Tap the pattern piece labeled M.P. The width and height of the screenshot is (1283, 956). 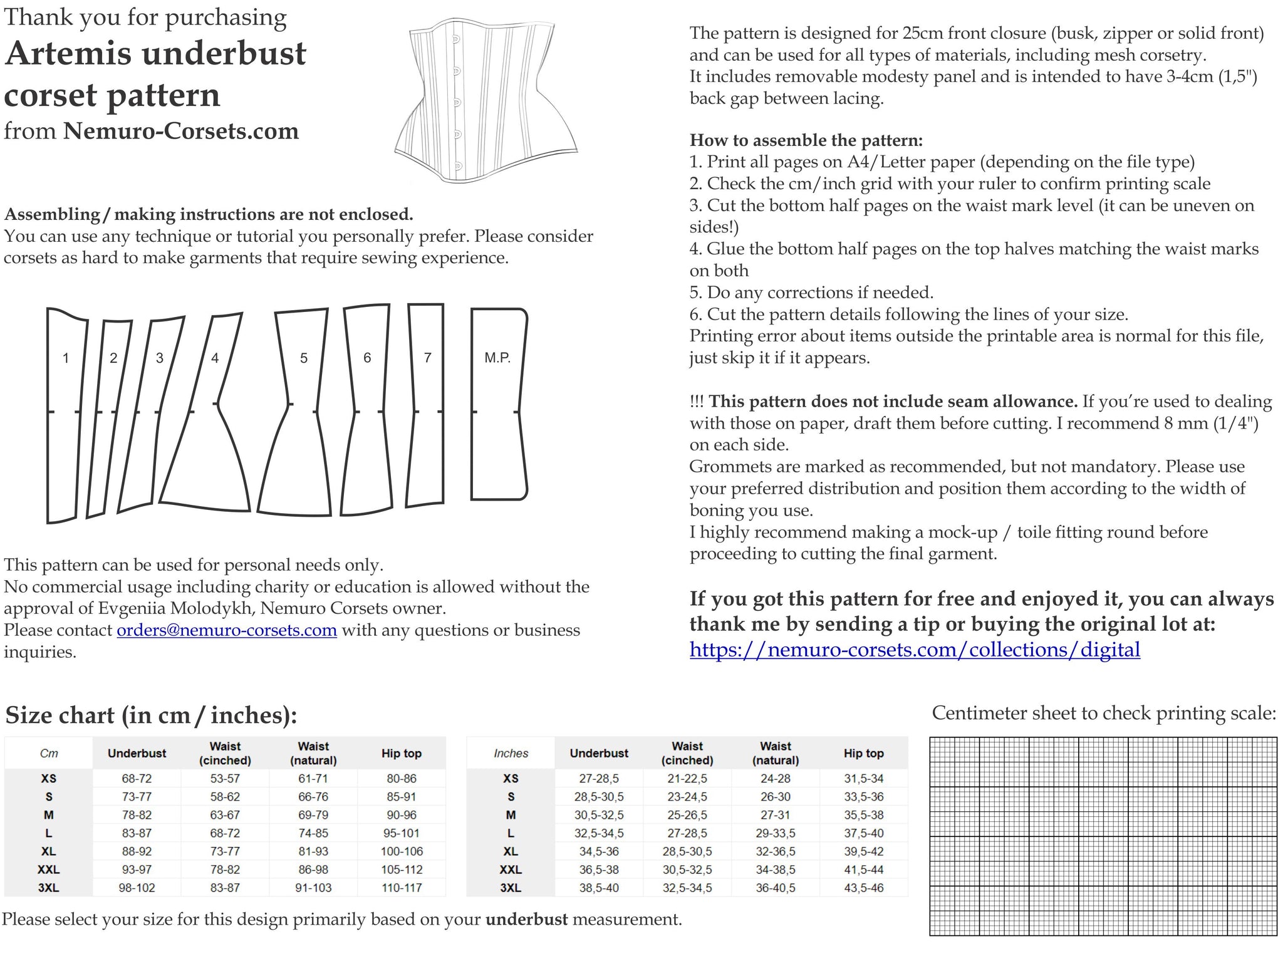click(499, 404)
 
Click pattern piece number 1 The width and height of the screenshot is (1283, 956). click(65, 413)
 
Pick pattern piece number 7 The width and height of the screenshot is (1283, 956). click(427, 404)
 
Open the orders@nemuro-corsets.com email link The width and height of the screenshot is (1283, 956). click(227, 630)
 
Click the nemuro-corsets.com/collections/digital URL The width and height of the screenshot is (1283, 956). click(915, 650)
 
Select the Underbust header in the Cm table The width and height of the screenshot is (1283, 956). click(137, 753)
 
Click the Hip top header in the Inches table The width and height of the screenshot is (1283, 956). click(863, 753)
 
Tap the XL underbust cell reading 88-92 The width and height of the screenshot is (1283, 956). click(137, 851)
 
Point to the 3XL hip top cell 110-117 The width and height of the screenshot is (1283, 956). click(402, 888)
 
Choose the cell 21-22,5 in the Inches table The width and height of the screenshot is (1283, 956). click(687, 779)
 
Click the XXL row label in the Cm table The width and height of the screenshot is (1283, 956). click(48, 870)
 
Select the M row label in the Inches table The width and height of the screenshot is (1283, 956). click(511, 815)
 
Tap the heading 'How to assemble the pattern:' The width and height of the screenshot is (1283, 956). click(806, 140)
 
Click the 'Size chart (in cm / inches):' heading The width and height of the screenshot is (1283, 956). click(150, 715)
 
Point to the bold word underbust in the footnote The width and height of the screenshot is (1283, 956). click(526, 920)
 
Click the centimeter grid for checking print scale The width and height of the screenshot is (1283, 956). click(1103, 836)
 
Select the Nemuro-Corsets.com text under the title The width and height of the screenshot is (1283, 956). click(181, 131)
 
